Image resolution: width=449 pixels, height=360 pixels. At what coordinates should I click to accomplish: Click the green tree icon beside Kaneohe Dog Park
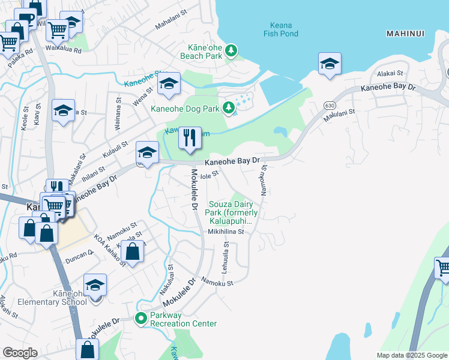tap(228, 108)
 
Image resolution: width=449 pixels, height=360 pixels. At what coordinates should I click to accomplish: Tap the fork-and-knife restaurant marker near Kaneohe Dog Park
tap(190, 139)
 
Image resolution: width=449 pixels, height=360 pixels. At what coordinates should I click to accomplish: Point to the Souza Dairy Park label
tap(233, 213)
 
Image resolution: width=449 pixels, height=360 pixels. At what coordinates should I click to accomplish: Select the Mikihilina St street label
tap(226, 232)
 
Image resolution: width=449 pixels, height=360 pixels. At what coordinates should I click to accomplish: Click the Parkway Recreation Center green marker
tap(142, 318)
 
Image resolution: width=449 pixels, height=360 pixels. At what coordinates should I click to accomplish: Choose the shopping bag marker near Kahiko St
tap(133, 253)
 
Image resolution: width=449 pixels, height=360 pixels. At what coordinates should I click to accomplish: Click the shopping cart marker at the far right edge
tap(443, 268)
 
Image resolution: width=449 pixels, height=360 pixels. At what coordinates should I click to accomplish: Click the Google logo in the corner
tap(20, 353)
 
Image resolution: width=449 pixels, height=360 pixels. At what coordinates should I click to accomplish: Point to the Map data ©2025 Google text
tap(411, 355)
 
